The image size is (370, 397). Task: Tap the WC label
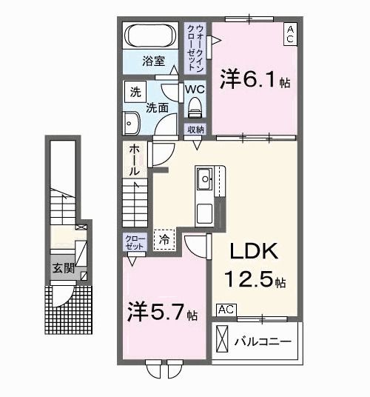[194, 90]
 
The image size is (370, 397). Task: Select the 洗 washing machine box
[135, 93]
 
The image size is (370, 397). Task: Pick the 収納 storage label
[195, 130]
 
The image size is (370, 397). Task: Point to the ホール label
[135, 160]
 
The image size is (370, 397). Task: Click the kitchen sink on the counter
[204, 178]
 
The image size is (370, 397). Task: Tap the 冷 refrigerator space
[164, 239]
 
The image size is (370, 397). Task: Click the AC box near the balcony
[226, 309]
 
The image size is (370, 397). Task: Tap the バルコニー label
[263, 342]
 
